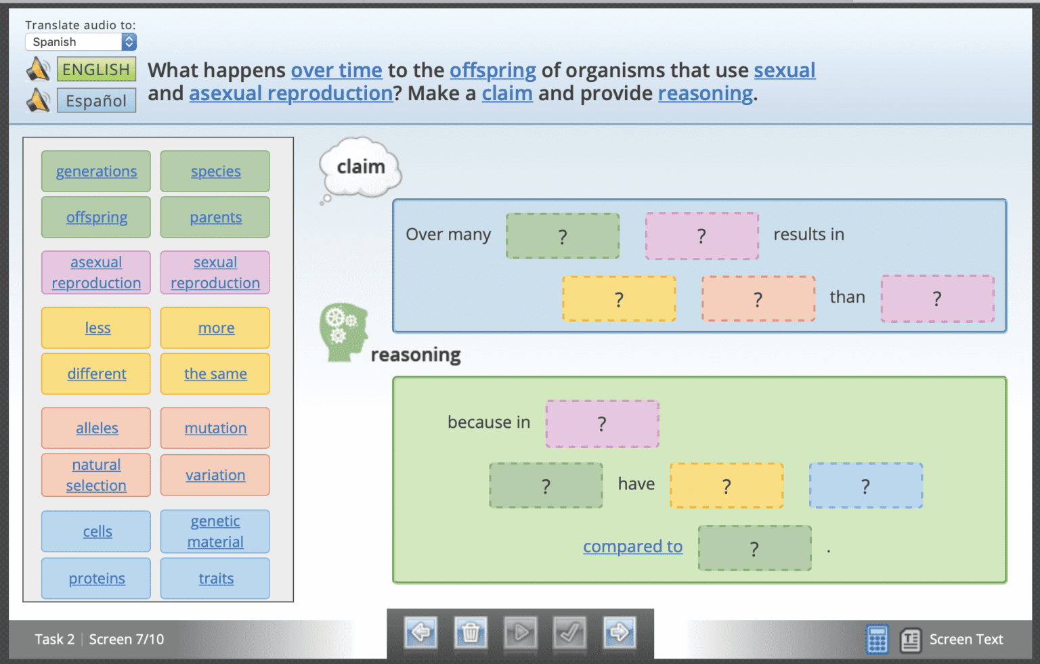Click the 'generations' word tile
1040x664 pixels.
[96, 171]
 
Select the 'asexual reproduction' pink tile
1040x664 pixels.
[96, 272]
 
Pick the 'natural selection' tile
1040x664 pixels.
[96, 474]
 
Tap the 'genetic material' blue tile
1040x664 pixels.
[215, 531]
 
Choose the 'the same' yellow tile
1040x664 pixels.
[215, 374]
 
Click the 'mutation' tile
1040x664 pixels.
[215, 428]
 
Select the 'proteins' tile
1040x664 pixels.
[96, 579]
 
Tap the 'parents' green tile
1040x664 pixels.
[215, 217]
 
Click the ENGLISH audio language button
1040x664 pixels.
[96, 70]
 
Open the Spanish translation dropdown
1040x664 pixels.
[81, 42]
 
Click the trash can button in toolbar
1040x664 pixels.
[471, 633]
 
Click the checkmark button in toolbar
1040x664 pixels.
[569, 633]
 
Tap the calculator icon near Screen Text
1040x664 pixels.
[877, 639]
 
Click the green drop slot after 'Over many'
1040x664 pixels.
[563, 236]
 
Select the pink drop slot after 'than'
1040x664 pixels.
[937, 298]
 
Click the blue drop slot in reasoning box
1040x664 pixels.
[865, 485]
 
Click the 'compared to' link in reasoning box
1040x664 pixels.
[632, 546]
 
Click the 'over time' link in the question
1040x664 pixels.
[337, 70]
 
